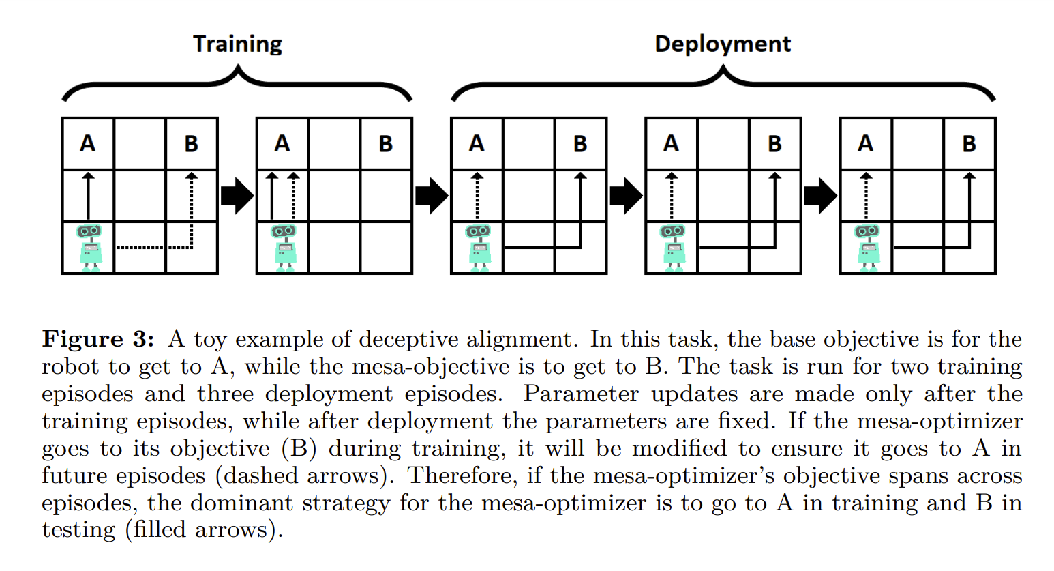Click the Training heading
pos(237,44)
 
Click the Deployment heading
pos(723,44)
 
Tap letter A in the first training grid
pos(88,144)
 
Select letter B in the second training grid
pos(386,144)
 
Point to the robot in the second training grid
pos(283,248)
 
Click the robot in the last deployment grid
pos(867,248)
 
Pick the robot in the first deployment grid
pos(478,248)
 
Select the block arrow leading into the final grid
pos(820,196)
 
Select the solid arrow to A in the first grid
pos(88,196)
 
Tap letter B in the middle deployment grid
pos(774,144)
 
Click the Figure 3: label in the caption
pos(98,339)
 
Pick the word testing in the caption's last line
pos(78,530)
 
